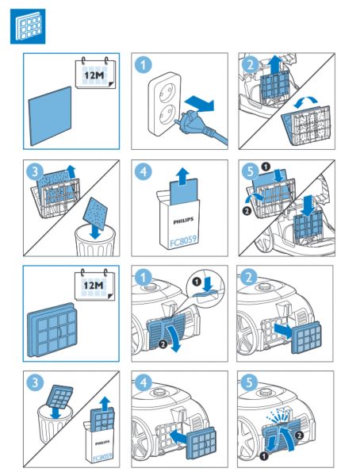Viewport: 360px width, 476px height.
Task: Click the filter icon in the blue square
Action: [x=28, y=26]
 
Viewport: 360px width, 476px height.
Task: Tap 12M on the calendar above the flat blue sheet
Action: [x=94, y=75]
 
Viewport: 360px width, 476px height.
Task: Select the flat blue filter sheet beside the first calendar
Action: [x=51, y=116]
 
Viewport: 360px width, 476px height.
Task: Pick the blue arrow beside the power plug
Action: [x=199, y=103]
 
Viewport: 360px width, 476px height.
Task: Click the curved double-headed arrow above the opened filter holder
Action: [x=305, y=102]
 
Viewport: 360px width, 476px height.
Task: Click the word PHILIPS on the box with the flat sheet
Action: [x=183, y=221]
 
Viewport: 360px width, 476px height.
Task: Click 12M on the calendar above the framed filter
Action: [x=94, y=286]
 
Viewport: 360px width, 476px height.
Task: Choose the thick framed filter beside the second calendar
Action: [x=52, y=329]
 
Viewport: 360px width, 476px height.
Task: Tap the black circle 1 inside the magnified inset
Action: [x=197, y=282]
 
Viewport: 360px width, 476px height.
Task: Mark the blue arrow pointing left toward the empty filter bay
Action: [x=181, y=437]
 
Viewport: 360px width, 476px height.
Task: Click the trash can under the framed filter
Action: [x=55, y=424]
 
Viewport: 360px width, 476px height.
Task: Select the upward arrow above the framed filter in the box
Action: [x=105, y=403]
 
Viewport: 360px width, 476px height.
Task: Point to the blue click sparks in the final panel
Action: [x=280, y=415]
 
